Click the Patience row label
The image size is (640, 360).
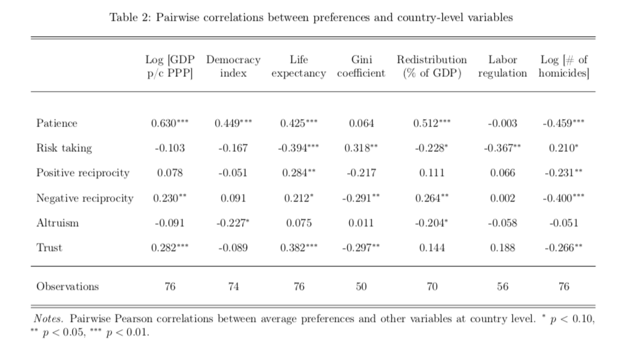pos(57,123)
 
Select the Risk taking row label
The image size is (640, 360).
pos(64,148)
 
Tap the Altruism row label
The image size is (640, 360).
pos(58,223)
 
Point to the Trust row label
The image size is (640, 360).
pos(49,248)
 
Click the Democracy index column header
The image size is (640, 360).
pos(233,66)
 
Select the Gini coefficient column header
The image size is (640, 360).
pos(361,66)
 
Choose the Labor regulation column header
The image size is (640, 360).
pos(502,66)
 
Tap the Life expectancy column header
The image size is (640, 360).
pos(299,66)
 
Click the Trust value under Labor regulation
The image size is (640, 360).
pos(502,248)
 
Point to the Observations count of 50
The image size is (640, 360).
pos(361,286)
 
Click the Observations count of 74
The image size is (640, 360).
pos(233,286)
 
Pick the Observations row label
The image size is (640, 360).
pos(68,286)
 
